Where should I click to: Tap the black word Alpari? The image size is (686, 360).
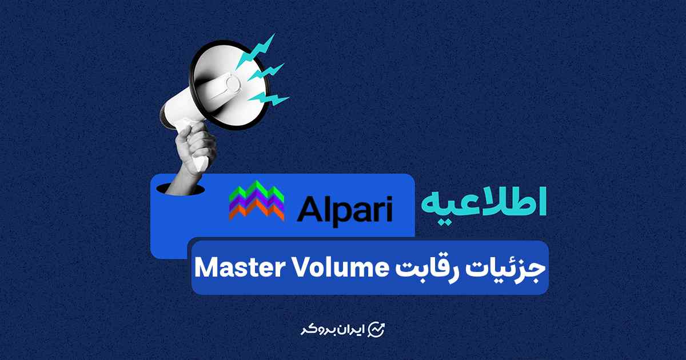(x=345, y=209)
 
